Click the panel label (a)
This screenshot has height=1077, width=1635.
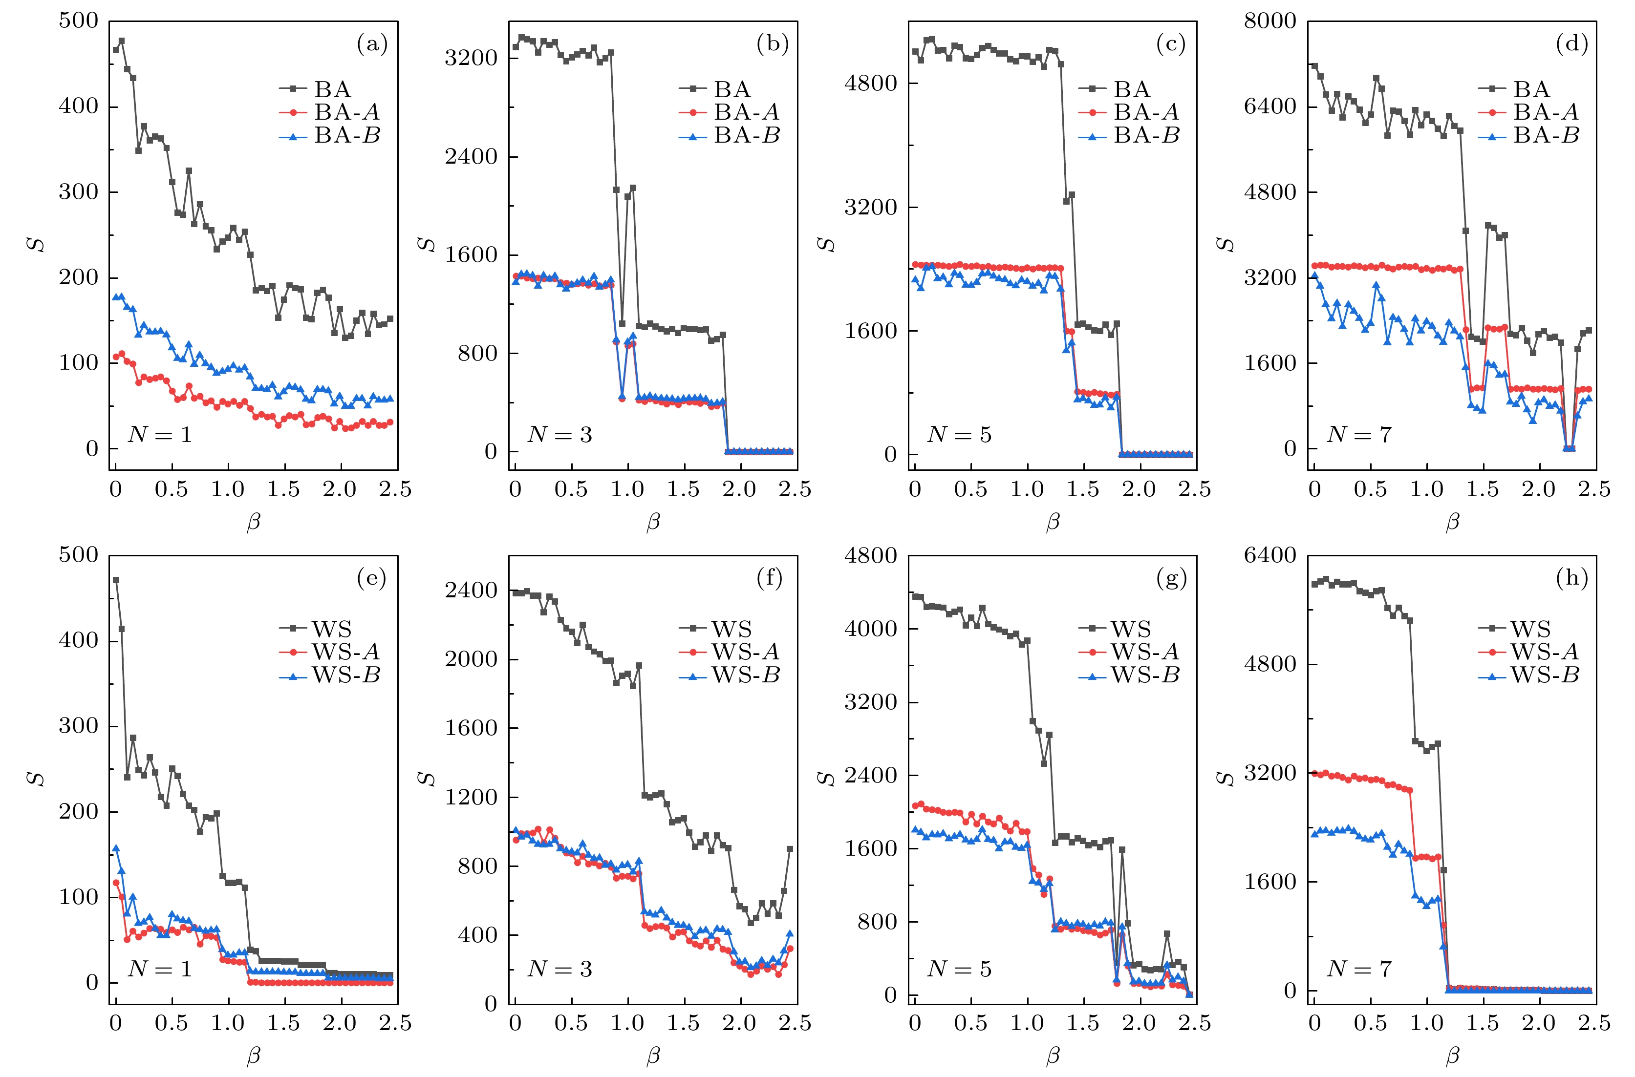point(372,44)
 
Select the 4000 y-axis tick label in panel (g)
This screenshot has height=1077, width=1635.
point(870,629)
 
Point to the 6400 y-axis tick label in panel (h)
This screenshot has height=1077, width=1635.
point(1270,555)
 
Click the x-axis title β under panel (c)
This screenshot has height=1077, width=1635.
point(1053,522)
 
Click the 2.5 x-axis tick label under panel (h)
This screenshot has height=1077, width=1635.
point(1594,1023)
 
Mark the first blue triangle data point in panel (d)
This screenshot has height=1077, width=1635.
point(1314,275)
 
